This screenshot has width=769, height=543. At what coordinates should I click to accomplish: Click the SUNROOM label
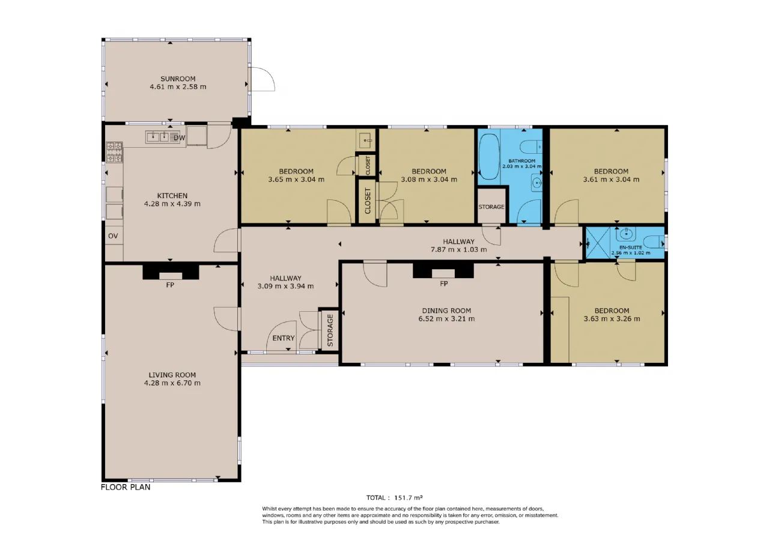(178, 79)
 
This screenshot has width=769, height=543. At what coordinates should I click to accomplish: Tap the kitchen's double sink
(158, 137)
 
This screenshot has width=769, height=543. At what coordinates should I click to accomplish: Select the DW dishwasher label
(179, 138)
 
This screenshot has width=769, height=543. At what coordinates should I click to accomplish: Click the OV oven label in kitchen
(113, 236)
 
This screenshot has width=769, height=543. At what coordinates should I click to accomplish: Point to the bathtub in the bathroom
(489, 157)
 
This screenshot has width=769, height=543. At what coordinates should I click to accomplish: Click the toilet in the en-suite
(654, 242)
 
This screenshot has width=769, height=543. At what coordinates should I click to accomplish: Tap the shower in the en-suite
(598, 243)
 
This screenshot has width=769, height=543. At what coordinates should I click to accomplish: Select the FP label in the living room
(170, 285)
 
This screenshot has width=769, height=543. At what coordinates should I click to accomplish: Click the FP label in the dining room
(444, 284)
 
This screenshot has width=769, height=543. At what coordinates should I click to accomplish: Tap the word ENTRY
(283, 338)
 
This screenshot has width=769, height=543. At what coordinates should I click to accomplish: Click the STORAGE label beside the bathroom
(491, 207)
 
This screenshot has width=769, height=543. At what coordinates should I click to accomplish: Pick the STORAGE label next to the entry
(330, 330)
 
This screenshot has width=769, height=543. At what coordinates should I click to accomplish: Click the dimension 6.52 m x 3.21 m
(446, 318)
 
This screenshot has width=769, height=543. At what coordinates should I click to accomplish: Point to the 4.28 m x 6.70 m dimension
(172, 383)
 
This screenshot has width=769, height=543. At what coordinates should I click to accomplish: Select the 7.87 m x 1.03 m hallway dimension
(458, 249)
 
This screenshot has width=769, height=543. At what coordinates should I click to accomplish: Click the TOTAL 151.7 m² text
(395, 497)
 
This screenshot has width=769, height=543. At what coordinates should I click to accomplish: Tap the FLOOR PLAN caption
(126, 487)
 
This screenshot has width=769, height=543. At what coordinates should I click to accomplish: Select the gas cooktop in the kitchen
(114, 152)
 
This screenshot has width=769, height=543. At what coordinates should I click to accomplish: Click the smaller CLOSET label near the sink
(368, 165)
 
